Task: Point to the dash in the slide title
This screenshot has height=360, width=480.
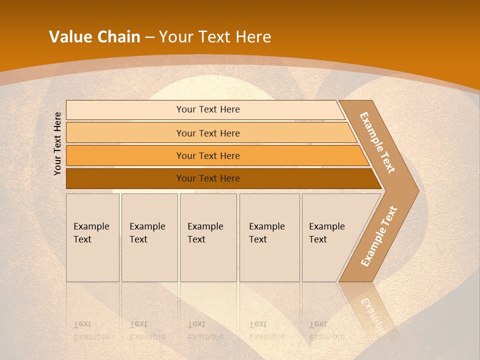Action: coord(149,37)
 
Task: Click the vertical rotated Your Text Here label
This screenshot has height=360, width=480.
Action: coord(57,143)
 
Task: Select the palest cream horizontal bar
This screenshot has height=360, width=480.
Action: coord(207,109)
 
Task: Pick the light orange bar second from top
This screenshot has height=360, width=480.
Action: coord(207,133)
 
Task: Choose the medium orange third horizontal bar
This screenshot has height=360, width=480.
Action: coord(207,155)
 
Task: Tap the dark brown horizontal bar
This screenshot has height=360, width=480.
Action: coord(207,178)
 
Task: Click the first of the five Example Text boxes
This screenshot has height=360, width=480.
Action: coord(92,237)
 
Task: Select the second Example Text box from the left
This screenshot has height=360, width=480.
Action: coord(149,237)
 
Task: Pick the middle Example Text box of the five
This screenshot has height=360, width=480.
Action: coord(208,237)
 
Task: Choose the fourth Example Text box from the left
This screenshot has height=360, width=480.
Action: coord(269,237)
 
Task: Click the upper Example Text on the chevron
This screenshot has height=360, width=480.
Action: coord(377,142)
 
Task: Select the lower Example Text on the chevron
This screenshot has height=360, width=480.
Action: coord(378,236)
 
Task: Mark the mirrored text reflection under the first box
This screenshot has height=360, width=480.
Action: coord(91,330)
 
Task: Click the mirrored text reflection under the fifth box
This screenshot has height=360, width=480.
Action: coord(326,330)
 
